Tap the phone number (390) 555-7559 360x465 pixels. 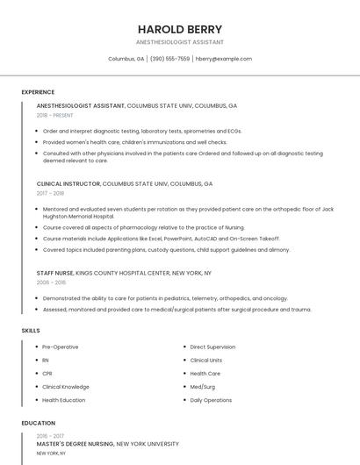[x=169, y=59]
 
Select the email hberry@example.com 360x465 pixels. [x=223, y=59]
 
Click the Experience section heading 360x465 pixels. [x=38, y=92]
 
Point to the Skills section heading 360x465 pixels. [x=31, y=330]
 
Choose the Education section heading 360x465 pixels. [x=38, y=423]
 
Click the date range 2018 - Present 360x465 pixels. [x=54, y=115]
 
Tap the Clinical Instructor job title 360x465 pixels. [x=68, y=184]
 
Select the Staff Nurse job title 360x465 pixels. [x=55, y=273]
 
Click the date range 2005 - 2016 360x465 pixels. [x=51, y=283]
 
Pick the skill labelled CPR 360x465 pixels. [x=47, y=374]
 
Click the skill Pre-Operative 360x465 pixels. [x=60, y=347]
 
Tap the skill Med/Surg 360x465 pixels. [x=203, y=387]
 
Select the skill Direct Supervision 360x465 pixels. [x=212, y=347]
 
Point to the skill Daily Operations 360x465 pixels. [x=210, y=400]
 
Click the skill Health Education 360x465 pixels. [x=63, y=400]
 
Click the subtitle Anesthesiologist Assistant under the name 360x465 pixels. [x=180, y=42]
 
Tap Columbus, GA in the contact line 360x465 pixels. [x=126, y=59]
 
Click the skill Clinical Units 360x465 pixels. [x=206, y=361]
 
